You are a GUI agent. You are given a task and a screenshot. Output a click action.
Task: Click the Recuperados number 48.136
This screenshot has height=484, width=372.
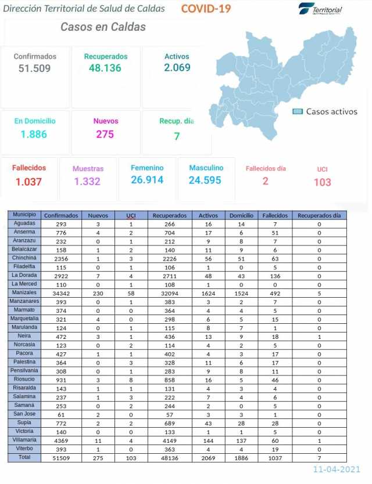105,68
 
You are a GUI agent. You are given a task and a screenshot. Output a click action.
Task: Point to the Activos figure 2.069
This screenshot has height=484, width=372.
177,68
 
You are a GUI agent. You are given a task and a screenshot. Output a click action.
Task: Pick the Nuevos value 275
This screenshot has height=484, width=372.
105,134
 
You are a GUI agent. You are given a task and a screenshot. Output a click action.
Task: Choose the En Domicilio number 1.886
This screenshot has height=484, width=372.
35,134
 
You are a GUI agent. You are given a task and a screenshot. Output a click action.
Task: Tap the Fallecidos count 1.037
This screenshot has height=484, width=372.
28,182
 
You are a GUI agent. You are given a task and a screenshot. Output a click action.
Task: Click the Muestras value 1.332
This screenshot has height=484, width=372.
88,182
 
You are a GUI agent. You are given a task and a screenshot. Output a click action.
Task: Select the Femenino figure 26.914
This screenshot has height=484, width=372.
147,180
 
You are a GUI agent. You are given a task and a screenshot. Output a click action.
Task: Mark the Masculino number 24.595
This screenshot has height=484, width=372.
205,180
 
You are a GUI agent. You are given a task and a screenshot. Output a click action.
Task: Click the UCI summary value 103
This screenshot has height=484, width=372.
322,182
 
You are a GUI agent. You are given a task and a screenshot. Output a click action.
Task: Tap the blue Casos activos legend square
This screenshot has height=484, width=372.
298,111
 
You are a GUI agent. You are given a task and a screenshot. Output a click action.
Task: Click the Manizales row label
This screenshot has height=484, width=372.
25,293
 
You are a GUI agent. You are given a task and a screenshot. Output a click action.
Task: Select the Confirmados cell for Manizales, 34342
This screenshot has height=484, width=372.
61,294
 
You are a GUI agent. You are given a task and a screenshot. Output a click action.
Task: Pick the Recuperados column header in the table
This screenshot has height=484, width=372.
169,215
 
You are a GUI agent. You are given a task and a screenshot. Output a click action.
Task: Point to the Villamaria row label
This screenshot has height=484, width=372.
25,440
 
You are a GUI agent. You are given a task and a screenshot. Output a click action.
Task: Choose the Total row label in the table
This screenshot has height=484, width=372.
25,458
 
